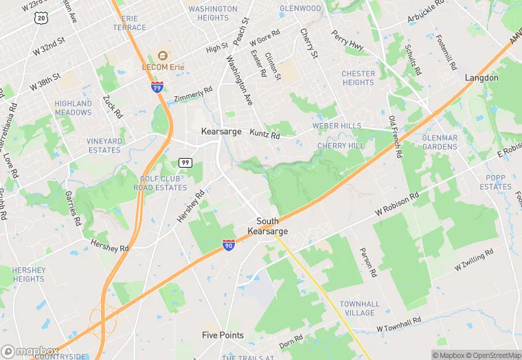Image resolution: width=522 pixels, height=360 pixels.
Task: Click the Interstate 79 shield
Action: coord(157,87)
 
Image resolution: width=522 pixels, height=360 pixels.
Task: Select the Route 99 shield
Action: coord(185,162)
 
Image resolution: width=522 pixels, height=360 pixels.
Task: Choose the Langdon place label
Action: coord(481,78)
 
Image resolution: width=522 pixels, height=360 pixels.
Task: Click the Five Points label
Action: coord(223,335)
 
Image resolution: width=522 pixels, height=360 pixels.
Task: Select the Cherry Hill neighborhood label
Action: coord(341,146)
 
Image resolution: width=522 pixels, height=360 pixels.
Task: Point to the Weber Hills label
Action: coord(337,126)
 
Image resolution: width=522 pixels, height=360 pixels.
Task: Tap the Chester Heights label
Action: coord(358,78)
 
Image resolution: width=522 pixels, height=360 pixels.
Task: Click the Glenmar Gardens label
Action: coord(440,142)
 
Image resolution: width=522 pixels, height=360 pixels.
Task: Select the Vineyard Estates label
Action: coord(104,146)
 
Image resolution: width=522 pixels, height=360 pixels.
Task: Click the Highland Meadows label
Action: coord(73,108)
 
